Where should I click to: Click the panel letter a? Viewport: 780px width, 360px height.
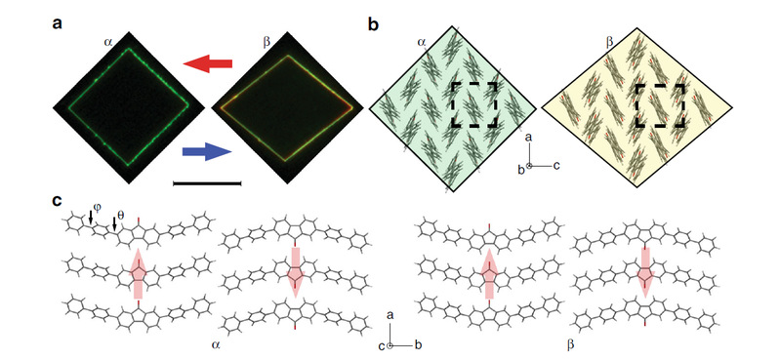[x=58, y=23]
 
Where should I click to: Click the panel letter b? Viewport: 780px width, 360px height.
[x=373, y=23]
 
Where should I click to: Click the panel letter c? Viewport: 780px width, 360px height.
[x=58, y=200]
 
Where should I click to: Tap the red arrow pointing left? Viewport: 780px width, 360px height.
[x=208, y=63]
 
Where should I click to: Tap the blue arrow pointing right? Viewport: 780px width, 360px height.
[x=207, y=151]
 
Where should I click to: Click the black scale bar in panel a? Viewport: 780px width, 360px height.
[x=206, y=183]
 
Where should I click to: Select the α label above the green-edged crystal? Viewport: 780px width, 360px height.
[x=108, y=43]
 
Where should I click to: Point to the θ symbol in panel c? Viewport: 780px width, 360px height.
[x=121, y=216]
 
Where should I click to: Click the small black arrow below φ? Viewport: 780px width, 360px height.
[x=91, y=217]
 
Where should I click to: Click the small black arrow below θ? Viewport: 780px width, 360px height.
[x=114, y=224]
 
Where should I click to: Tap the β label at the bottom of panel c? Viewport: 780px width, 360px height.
[x=570, y=342]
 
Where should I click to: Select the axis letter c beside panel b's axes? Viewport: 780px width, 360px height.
[x=556, y=166]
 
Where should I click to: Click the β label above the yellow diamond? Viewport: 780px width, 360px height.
[x=609, y=43]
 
